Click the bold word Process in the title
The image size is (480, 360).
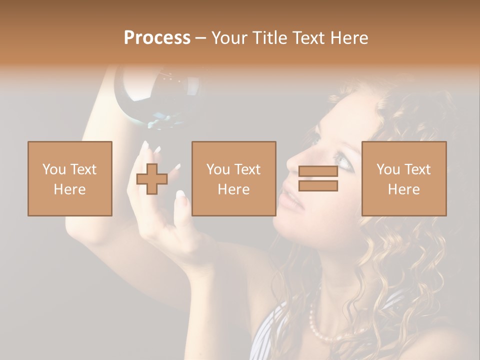(x=157, y=38)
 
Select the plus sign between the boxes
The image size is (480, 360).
(x=152, y=178)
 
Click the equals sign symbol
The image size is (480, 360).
(x=318, y=178)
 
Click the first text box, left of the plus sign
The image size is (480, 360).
(x=70, y=178)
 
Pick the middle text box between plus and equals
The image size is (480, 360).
(x=233, y=178)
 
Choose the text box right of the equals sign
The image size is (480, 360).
(x=403, y=178)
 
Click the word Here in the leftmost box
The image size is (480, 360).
(x=70, y=189)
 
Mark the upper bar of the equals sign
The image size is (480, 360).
(x=318, y=171)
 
